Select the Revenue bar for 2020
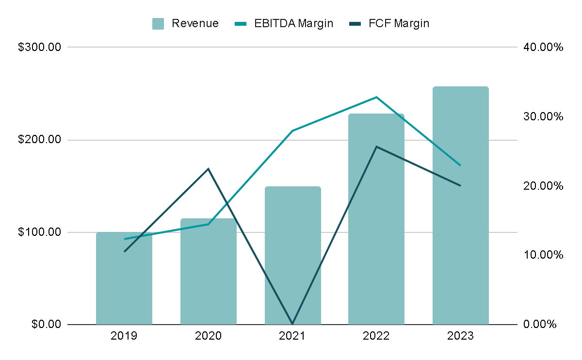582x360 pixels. click(x=209, y=277)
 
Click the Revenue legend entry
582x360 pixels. click(x=186, y=23)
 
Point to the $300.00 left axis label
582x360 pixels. click(x=40, y=48)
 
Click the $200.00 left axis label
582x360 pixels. click(x=40, y=140)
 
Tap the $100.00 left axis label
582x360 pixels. click(x=40, y=232)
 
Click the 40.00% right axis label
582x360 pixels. click(x=543, y=48)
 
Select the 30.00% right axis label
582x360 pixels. click(x=543, y=117)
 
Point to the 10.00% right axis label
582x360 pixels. click(x=543, y=255)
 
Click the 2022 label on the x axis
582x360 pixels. click(x=376, y=336)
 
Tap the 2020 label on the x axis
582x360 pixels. click(x=209, y=336)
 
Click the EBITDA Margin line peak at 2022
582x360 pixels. click(x=376, y=97)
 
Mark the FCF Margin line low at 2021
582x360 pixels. click(x=292, y=323)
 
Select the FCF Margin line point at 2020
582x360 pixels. click(x=209, y=169)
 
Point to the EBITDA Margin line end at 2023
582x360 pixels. click(x=460, y=165)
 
